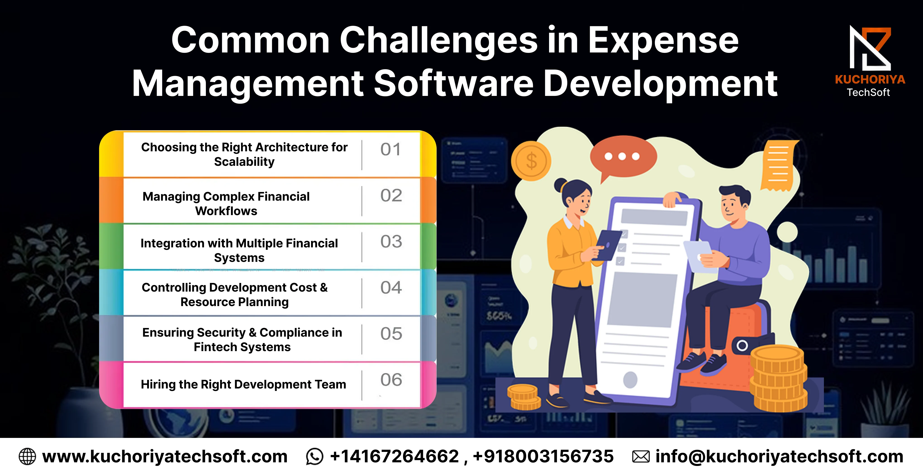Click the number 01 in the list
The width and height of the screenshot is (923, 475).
(390, 149)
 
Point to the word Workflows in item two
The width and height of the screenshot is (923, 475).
(226, 211)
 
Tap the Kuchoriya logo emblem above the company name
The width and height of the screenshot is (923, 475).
(870, 48)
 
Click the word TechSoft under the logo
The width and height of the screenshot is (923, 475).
(868, 93)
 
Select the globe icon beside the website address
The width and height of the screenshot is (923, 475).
(27, 457)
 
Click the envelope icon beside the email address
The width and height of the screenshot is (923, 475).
(641, 457)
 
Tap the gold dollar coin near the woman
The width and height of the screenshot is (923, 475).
(531, 161)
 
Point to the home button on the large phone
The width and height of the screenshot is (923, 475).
(630, 380)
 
